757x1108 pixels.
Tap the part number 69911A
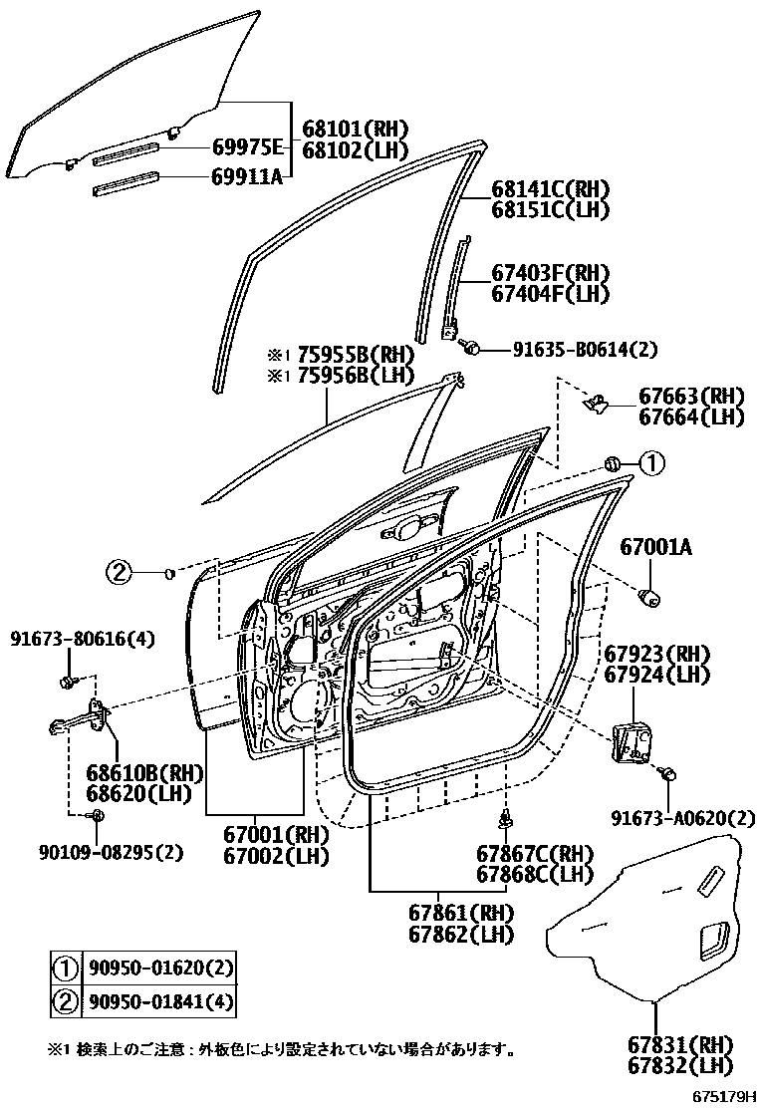[247, 178]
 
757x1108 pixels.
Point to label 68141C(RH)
[550, 189]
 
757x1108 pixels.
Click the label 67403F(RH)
[550, 273]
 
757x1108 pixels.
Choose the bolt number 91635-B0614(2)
[585, 349]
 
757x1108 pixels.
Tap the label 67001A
[656, 546]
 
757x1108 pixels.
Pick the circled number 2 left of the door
[120, 572]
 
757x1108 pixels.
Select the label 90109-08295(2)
[99, 851]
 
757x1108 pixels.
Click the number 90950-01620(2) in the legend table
[161, 967]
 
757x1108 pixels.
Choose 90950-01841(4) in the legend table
[161, 999]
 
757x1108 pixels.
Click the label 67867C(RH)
[534, 854]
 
